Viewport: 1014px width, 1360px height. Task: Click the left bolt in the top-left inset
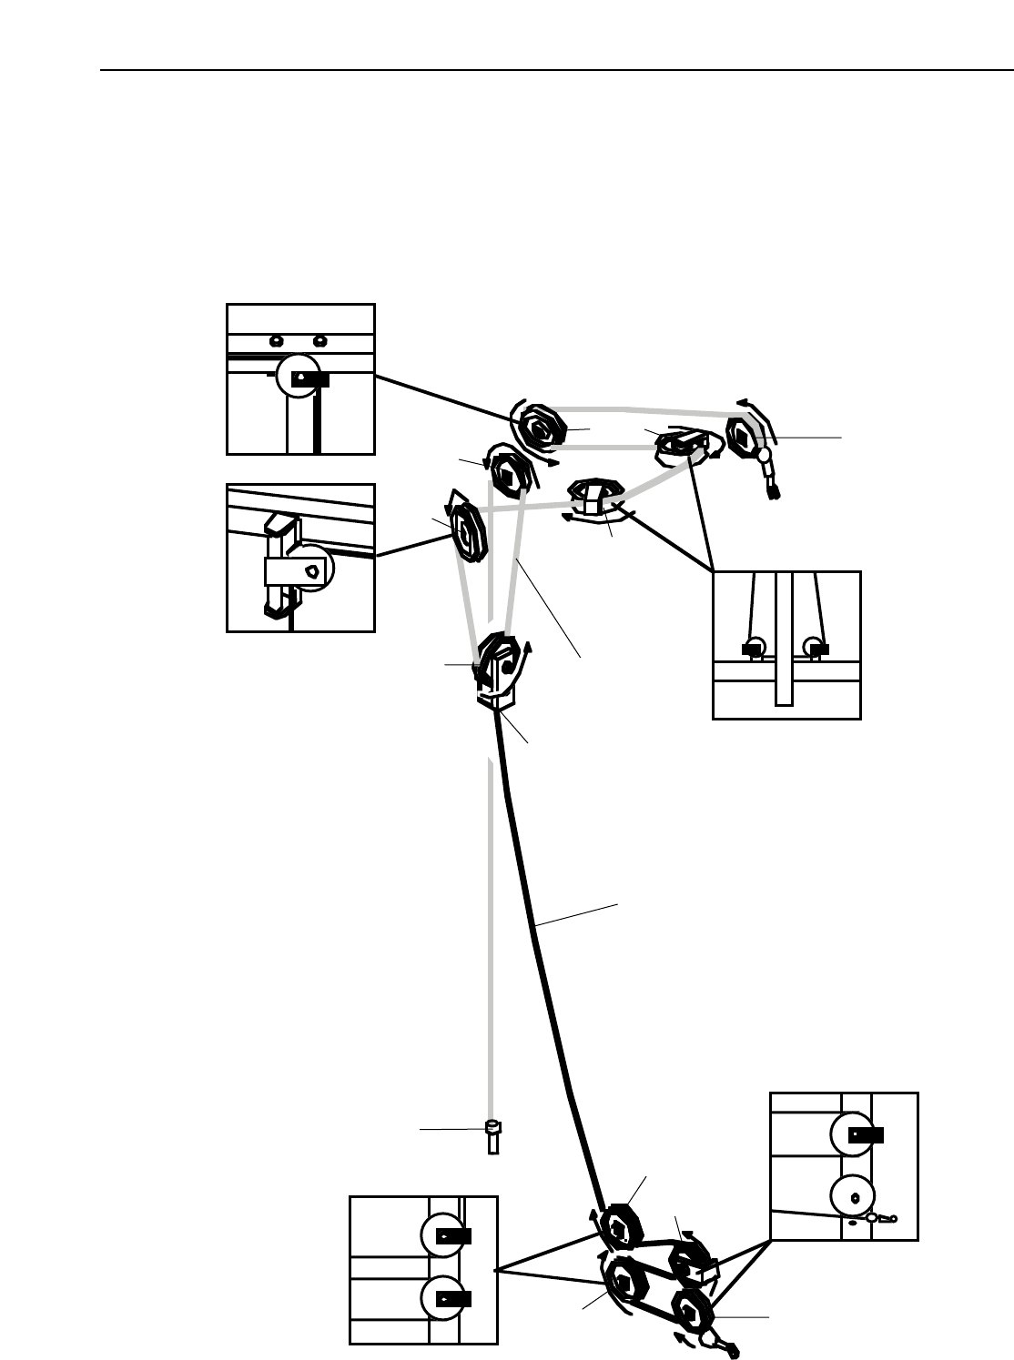276,341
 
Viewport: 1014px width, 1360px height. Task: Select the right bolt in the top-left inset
319,341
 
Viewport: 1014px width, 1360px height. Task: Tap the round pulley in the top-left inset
298,376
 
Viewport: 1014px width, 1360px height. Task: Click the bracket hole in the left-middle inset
312,571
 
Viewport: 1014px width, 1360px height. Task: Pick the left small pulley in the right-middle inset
754,648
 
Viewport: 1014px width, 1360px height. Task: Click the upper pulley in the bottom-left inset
443,1235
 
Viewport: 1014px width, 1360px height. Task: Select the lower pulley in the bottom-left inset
443,1298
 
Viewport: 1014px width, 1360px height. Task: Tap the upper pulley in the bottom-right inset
853,1134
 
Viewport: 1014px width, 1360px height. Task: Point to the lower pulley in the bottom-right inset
853,1195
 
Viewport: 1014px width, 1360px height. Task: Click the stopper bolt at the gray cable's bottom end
493,1137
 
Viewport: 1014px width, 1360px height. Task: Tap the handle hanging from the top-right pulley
769,475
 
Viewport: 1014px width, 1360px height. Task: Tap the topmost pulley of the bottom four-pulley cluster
622,1227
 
